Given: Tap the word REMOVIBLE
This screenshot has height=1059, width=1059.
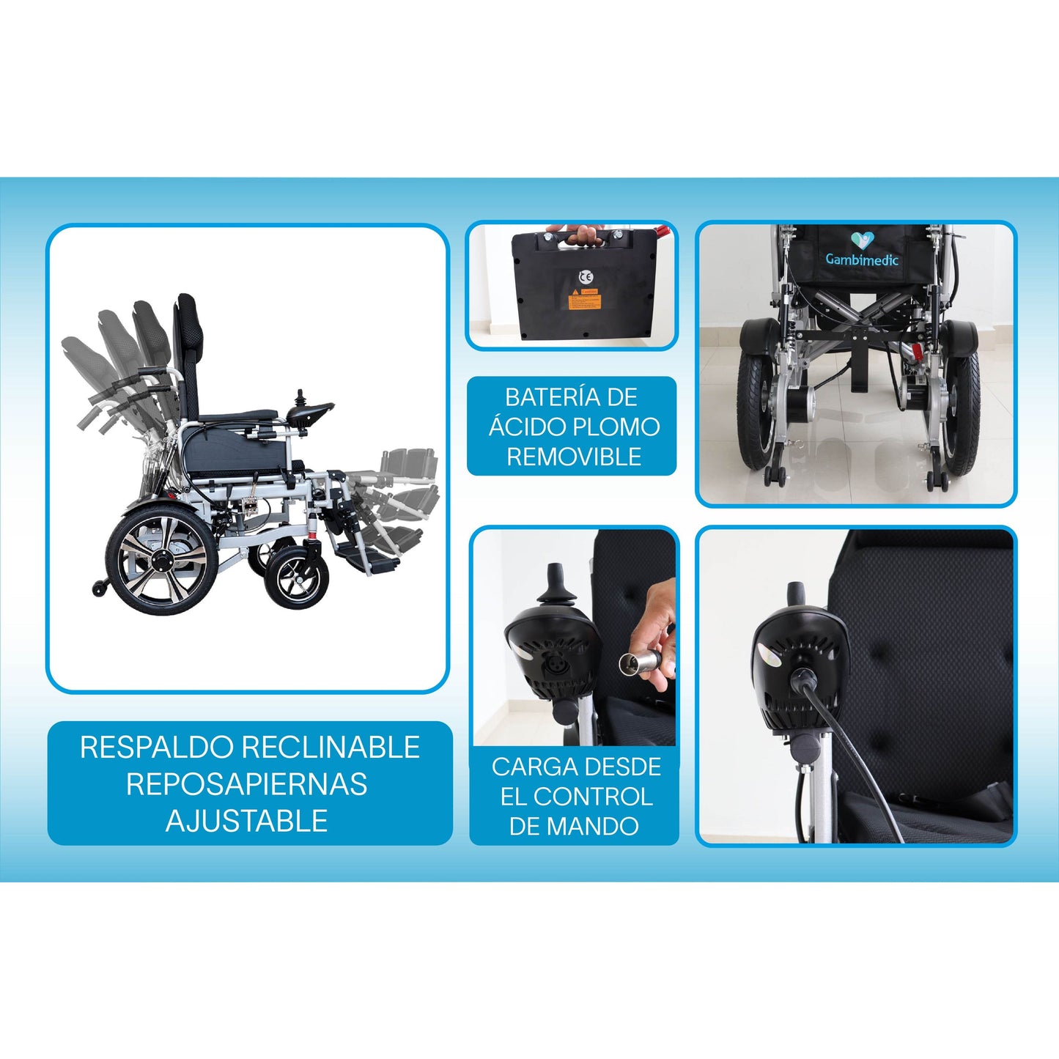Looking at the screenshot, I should click(574, 457).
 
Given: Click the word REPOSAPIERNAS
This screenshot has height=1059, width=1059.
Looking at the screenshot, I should click(247, 784).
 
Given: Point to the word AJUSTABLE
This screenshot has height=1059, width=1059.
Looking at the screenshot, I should click(247, 821).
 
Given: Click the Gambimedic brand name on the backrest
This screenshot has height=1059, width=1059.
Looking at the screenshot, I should click(862, 259).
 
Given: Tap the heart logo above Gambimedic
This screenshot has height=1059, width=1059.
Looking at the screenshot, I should click(862, 240).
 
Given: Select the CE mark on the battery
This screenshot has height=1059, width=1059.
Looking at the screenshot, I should click(586, 276).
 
